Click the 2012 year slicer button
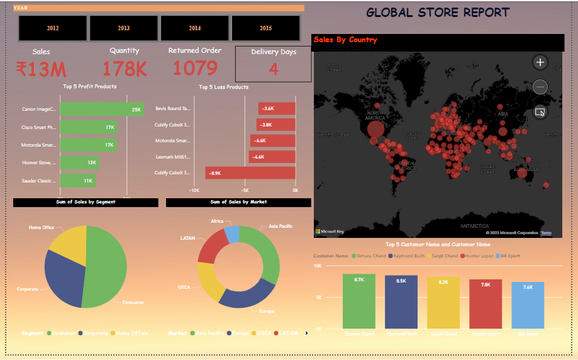pos(53,28)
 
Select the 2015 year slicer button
pos(266,28)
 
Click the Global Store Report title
pos(438,12)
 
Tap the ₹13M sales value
pos(41,69)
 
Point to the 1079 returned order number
pos(195,68)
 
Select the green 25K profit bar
pos(102,110)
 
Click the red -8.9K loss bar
pos(250,173)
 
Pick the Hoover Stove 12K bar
pos(79,163)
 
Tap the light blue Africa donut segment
pos(232,235)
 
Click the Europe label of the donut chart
pos(267,311)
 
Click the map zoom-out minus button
pos(540,87)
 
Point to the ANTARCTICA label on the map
pos(474,225)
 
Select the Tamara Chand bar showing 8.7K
pos(359,301)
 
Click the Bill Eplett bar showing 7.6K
pos(528,305)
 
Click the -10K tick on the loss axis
pos(194,189)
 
